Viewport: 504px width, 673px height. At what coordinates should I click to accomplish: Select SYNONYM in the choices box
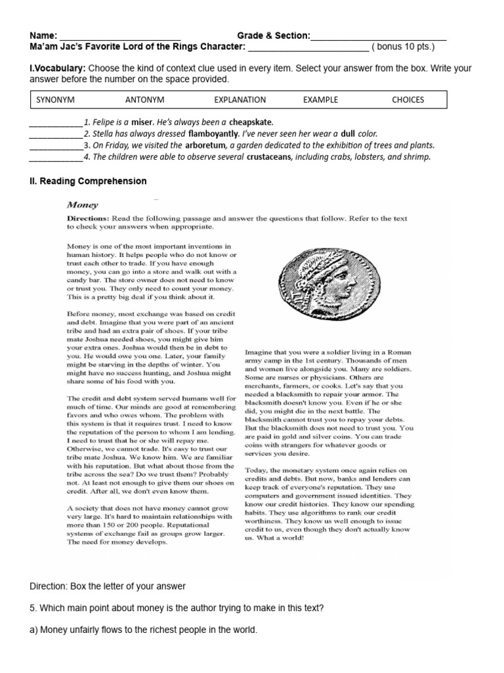[x=55, y=100]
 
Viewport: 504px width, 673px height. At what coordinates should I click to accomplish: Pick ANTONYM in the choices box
[x=144, y=100]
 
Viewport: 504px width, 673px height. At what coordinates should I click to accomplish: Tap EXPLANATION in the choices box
[x=240, y=100]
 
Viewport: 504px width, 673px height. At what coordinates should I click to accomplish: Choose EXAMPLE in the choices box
[x=320, y=100]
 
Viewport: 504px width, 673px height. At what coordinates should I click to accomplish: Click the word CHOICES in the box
[x=408, y=100]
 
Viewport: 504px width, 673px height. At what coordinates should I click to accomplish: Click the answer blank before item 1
[x=56, y=123]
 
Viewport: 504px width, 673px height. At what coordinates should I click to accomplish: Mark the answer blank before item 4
[x=56, y=157]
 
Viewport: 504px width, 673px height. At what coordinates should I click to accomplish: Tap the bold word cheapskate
[x=251, y=122]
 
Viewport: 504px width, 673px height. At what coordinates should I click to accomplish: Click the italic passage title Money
[x=83, y=204]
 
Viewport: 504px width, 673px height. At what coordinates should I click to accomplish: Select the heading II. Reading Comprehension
[x=88, y=181]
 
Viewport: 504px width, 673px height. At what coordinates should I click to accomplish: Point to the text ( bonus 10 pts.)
[x=403, y=47]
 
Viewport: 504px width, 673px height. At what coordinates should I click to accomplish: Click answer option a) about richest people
[x=144, y=630]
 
